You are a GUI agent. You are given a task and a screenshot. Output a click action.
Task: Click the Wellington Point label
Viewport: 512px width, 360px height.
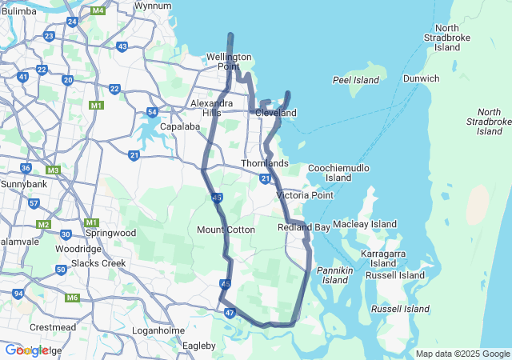229,62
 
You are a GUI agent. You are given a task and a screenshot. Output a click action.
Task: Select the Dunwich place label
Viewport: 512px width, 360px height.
421,78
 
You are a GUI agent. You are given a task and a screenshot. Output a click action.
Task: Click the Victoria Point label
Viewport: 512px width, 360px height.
304,195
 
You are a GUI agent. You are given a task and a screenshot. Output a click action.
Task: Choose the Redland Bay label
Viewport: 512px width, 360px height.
304,228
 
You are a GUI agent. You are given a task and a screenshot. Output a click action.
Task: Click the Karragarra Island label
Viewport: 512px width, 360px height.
383,258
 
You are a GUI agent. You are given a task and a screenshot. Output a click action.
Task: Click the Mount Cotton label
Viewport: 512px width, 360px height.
226,230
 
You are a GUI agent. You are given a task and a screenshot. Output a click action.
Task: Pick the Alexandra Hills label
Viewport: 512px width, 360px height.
212,108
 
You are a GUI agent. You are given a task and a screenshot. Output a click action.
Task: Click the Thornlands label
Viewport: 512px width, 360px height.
265,163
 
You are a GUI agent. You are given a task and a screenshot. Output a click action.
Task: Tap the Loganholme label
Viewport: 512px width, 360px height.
158,330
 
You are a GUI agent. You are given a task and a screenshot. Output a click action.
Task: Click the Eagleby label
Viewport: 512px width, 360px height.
199,346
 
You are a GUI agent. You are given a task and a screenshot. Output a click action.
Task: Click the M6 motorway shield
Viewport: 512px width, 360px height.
73,298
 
